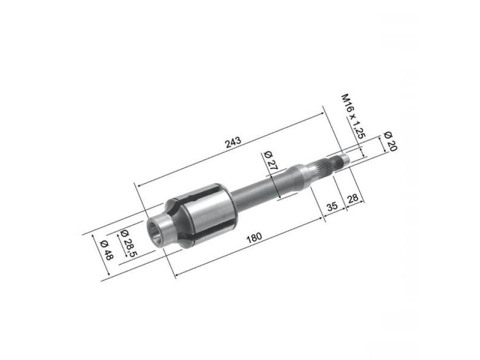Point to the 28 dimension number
pyautogui.click(x=352, y=198)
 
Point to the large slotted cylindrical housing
pyautogui.click(x=210, y=215)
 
